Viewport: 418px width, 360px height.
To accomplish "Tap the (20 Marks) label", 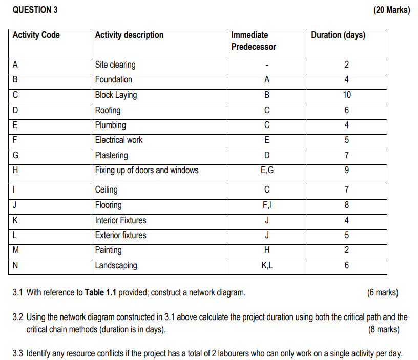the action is pos(392,10).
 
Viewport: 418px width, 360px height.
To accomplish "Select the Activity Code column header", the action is pos(36,35).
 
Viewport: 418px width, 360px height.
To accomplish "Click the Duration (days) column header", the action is pos(338,35).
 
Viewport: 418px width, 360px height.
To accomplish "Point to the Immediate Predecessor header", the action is pos(254,41).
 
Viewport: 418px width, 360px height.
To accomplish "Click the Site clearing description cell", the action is pos(115,65).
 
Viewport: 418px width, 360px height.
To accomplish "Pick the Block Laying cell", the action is pos(116,95).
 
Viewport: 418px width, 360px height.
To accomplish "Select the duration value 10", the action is pos(347,95).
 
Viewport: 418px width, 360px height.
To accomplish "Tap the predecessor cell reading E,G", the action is pos(266,170).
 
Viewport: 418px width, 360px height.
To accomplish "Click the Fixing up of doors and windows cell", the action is pos(147,170).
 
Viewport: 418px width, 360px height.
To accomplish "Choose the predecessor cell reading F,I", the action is pos(266,205).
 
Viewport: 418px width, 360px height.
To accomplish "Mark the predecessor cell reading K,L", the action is pos(266,265).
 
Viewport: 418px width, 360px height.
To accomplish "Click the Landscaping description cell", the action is pos(116,265).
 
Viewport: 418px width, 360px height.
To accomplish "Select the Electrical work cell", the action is pos(119,140).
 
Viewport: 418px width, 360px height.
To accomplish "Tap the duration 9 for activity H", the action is pos(347,170).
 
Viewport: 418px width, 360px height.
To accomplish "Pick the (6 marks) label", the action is pos(382,293).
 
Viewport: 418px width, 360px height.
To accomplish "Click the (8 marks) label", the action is pos(384,329).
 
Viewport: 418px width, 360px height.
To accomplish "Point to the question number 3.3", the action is pos(18,353).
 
